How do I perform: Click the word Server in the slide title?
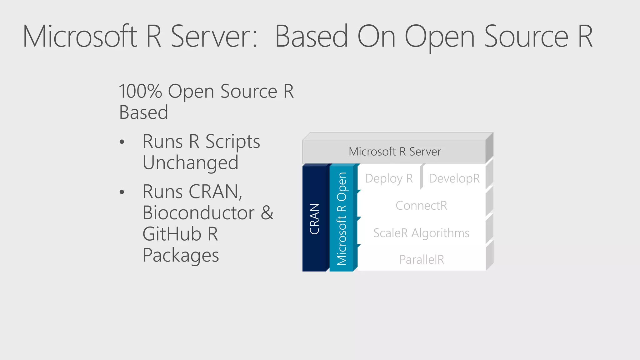click(x=214, y=37)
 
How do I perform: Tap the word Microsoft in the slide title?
click(x=80, y=37)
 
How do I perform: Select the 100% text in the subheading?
click(x=140, y=92)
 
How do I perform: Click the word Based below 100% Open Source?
click(x=144, y=112)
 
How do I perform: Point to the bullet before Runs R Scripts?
click(x=122, y=142)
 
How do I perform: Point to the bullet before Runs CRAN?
click(x=122, y=192)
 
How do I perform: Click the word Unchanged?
click(x=190, y=163)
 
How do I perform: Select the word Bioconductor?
click(x=198, y=213)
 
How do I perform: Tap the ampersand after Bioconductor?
click(x=267, y=213)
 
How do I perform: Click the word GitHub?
click(x=172, y=234)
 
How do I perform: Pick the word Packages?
click(x=181, y=255)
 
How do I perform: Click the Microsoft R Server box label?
click(x=395, y=152)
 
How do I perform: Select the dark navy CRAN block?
click(x=314, y=219)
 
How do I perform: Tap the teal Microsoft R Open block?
click(x=342, y=219)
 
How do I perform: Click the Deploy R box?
click(x=389, y=178)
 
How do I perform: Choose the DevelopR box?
click(x=454, y=178)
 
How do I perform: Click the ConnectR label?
click(x=421, y=206)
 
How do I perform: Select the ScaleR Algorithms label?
click(x=421, y=233)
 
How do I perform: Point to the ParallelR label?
click(x=422, y=260)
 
